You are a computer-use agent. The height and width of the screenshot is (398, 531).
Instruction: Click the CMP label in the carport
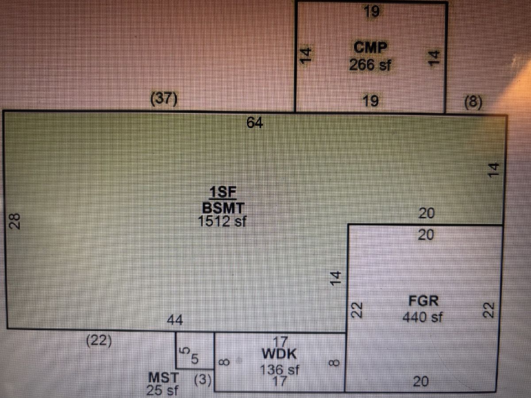pos(370,47)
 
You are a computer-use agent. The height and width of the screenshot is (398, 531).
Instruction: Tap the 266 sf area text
pos(370,65)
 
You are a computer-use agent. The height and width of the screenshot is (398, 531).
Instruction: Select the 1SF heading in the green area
pos(223,192)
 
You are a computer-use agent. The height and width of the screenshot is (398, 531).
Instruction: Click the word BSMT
pos(223,208)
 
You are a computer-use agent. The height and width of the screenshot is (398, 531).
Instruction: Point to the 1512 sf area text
pos(222,221)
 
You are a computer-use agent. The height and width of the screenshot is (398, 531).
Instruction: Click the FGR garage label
pos(423,301)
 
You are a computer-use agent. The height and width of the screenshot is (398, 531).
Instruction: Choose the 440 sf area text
pos(423,317)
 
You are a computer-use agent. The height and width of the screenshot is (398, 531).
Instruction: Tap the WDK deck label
pos(279,354)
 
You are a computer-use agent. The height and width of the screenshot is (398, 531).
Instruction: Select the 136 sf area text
pos(280,370)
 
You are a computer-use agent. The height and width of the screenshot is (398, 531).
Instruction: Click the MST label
pos(164,378)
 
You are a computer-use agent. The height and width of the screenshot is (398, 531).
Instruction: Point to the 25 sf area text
pos(162,390)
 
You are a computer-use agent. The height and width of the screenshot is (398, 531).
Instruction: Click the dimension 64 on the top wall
pos(254,122)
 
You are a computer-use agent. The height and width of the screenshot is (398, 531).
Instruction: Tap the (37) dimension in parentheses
pos(164,99)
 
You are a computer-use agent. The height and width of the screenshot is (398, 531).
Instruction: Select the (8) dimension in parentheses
pos(473,102)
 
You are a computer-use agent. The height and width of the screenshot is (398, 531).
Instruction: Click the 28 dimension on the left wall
pos(15,221)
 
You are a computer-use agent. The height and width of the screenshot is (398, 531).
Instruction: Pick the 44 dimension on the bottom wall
pos(175,320)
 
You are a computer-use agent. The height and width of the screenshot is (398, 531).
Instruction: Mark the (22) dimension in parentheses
pos(99,341)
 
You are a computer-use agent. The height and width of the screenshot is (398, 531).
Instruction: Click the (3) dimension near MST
pos(203,379)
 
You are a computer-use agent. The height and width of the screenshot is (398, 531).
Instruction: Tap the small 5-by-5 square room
pos(195,351)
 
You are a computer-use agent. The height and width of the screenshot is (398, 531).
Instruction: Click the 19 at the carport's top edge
pos(372,11)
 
